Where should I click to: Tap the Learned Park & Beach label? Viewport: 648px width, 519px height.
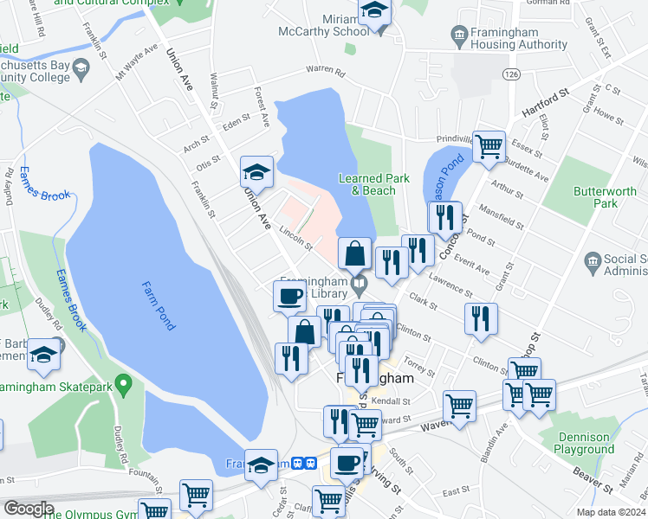point(373,184)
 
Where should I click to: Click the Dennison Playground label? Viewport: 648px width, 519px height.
point(584,443)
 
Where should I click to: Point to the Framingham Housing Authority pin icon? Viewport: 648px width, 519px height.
point(459,35)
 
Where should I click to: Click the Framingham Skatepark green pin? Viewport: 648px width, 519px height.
point(123,381)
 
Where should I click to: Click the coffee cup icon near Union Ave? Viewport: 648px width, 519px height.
point(289,296)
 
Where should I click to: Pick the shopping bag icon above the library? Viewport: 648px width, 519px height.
point(354,254)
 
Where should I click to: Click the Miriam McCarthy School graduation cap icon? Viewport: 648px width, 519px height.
point(375,13)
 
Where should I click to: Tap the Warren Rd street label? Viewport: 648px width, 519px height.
point(325,72)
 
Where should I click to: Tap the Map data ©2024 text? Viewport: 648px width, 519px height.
point(612,512)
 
